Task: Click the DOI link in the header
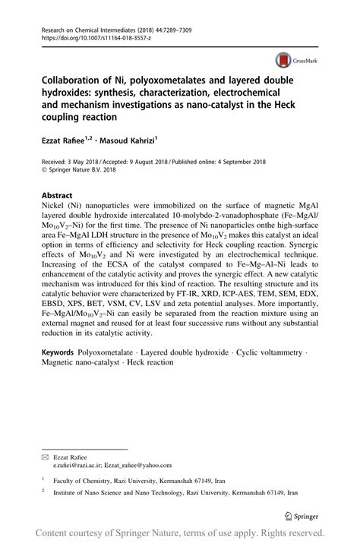pyautogui.click(x=85, y=36)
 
